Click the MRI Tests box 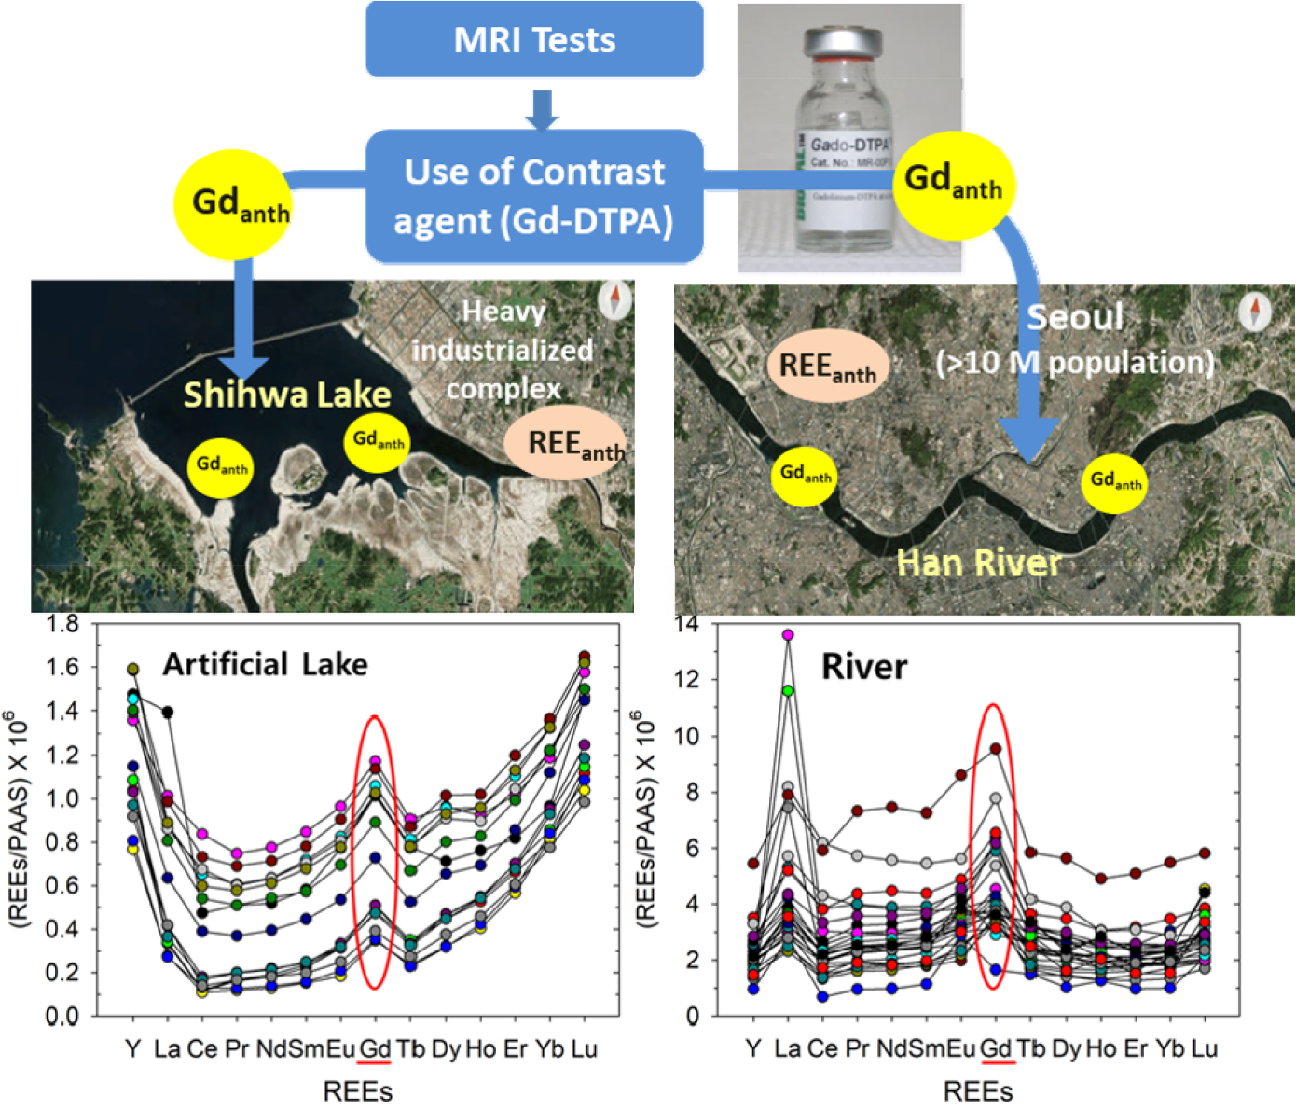pos(534,40)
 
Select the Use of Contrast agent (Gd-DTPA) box pos(534,197)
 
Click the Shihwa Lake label pos(287,395)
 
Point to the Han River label pos(979,562)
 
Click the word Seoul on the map pos(1075,317)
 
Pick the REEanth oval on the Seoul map pos(827,366)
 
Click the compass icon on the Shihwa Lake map pos(614,300)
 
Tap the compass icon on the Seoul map pos(1255,310)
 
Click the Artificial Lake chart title pos(265,664)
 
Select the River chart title pos(863,667)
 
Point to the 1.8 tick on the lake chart pos(62,623)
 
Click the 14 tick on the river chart pos(686,623)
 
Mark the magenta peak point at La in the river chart pos(788,634)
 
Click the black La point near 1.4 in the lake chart pos(168,713)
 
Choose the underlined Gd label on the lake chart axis pos(375,1048)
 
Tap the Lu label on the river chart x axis pos(1204,1048)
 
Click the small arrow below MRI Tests pos(541,109)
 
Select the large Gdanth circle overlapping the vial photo pos(954,185)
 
